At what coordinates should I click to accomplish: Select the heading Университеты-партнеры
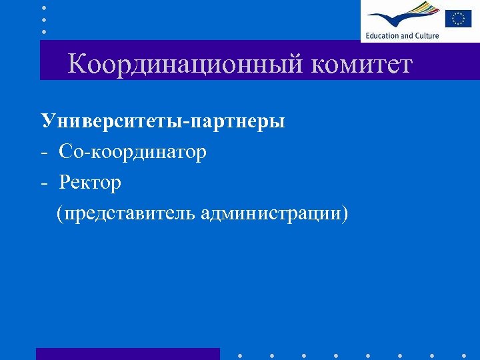tap(163, 121)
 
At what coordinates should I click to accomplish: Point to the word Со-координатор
tap(133, 152)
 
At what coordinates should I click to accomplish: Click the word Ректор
tap(90, 183)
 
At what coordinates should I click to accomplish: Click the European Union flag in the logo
tap(458, 17)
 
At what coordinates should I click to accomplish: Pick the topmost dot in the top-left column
tap(44, 7)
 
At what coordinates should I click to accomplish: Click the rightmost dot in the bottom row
tap(465, 355)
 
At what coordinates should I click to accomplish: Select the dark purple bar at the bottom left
tap(127, 354)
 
